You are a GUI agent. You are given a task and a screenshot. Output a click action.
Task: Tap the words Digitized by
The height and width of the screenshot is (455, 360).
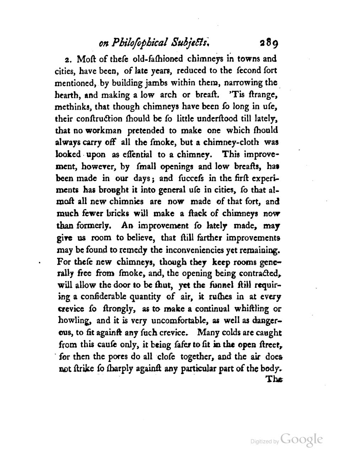click(x=264, y=441)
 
